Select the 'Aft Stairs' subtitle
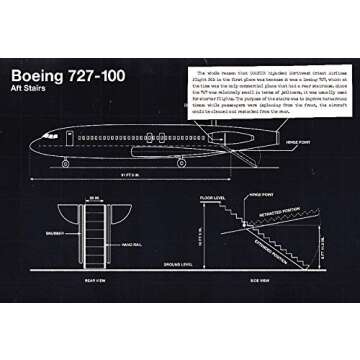tap(33, 92)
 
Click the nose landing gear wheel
tap(66, 163)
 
